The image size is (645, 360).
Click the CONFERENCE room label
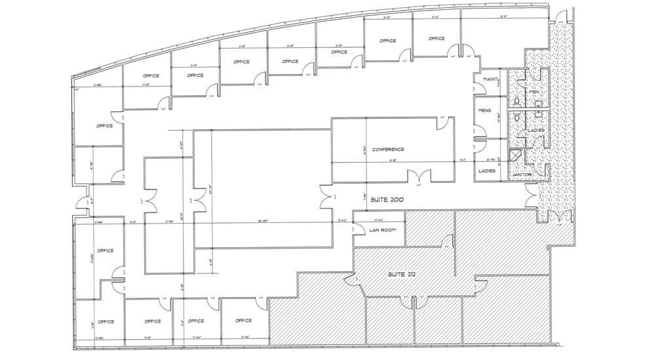coord(388,150)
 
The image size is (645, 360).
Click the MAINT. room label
coord(490,79)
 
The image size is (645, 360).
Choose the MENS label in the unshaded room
coord(485,110)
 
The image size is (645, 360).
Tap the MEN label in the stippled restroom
coord(534,92)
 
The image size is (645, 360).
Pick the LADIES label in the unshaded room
coord(486,170)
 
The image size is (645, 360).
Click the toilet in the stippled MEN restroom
coord(517,101)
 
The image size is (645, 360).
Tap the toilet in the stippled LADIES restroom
coord(517,118)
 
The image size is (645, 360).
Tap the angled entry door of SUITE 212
coord(357,280)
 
